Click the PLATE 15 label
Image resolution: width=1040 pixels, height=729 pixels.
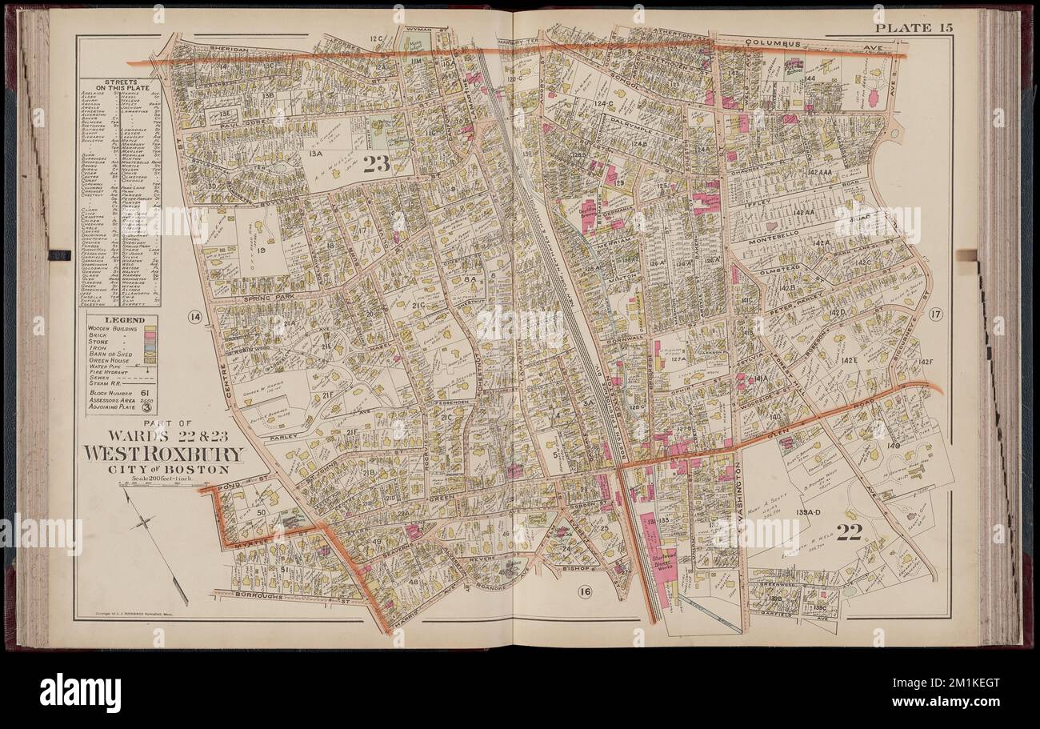click(913, 28)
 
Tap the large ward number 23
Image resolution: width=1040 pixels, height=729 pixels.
click(375, 165)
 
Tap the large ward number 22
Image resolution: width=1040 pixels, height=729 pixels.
click(847, 532)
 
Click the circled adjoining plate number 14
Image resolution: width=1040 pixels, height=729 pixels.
click(194, 318)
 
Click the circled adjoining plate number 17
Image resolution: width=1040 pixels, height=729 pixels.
click(936, 314)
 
